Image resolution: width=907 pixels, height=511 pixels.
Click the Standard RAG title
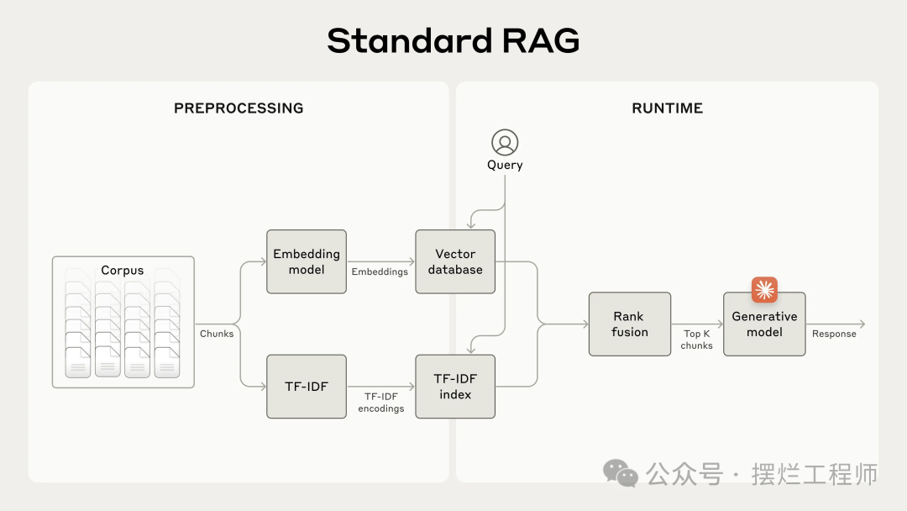(x=453, y=40)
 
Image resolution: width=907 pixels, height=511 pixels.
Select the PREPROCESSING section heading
(x=239, y=108)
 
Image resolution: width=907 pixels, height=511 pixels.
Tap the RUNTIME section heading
(x=667, y=108)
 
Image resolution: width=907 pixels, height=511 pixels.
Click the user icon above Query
(x=505, y=142)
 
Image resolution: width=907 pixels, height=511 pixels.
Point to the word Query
(x=505, y=166)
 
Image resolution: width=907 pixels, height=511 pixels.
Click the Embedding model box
(x=307, y=261)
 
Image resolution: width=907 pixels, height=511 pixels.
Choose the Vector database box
(x=455, y=261)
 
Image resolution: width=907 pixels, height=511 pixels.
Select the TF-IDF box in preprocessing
(x=307, y=387)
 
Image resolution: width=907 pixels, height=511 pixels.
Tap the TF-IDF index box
(x=455, y=387)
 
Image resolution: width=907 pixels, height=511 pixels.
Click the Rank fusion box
(x=630, y=324)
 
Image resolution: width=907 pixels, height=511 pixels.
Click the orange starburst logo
(x=764, y=290)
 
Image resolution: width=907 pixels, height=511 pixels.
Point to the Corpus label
(x=123, y=271)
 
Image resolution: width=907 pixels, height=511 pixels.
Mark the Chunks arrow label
(x=217, y=334)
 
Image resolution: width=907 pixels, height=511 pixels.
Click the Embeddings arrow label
(x=380, y=271)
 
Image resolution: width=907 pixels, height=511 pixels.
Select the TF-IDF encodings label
(x=381, y=402)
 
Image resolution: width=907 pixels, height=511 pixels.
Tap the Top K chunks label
(x=697, y=340)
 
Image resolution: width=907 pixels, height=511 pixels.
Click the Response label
(x=834, y=334)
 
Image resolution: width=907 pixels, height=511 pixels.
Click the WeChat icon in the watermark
(x=621, y=473)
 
